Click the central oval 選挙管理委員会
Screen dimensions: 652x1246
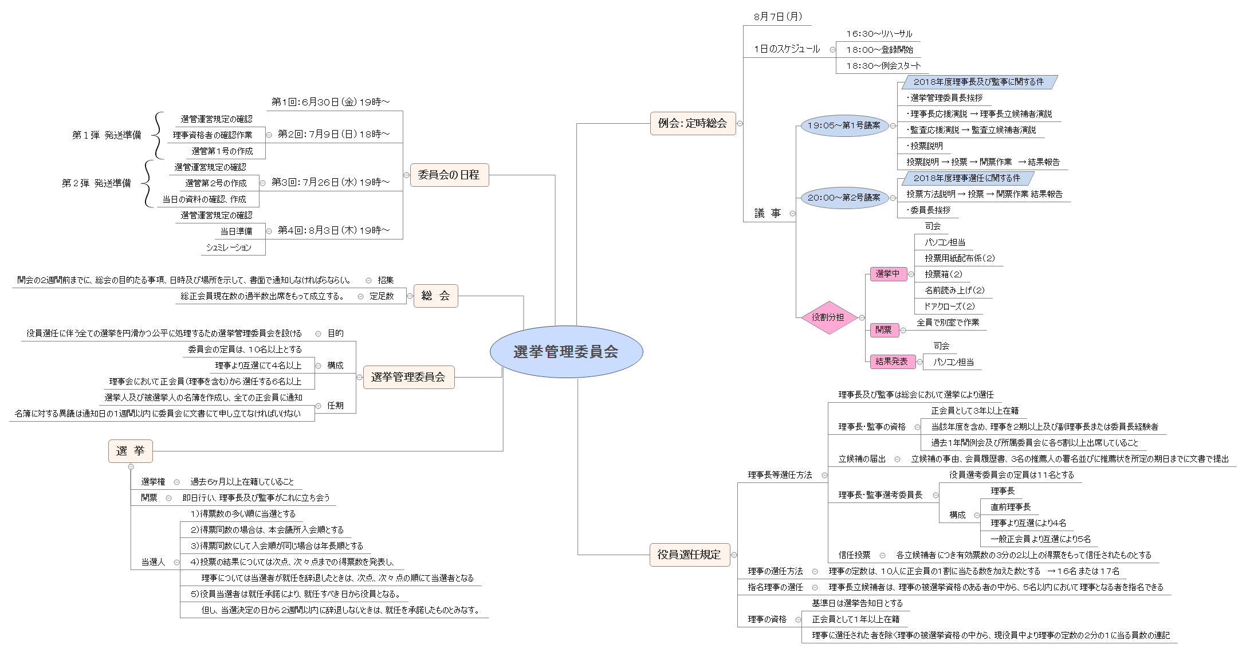(566, 352)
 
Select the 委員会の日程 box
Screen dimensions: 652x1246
(449, 175)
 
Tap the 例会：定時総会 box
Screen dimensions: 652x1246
(692, 123)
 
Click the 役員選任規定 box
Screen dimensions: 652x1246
(689, 555)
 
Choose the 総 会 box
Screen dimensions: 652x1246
(435, 296)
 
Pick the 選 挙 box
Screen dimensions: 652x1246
(130, 451)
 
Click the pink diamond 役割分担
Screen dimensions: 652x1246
(828, 317)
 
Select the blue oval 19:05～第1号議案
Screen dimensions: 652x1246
(844, 125)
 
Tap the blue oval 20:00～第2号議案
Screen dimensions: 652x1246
(844, 198)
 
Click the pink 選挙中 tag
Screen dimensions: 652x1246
(887, 274)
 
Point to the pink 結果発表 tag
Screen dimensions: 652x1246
(891, 362)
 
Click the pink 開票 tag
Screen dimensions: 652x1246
(883, 330)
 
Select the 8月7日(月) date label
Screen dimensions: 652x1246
(777, 17)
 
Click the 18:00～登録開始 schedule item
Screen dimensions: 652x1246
(879, 50)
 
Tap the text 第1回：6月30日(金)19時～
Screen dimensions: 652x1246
(331, 102)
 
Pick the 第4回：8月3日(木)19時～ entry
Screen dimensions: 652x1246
(333, 230)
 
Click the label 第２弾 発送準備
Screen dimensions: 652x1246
(96, 183)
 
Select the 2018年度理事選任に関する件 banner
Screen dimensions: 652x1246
(966, 178)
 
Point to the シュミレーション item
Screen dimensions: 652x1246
(229, 248)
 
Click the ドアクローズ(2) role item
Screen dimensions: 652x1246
(949, 307)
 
